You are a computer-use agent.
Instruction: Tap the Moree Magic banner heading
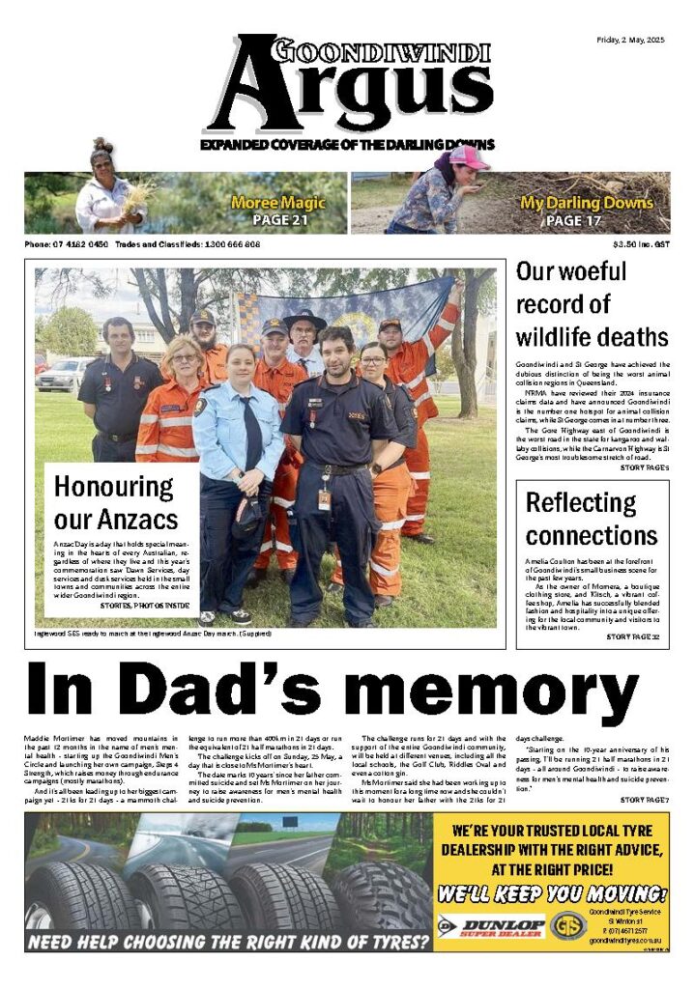277,204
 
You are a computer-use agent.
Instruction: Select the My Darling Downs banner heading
587,204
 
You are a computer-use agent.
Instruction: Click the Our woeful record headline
591,304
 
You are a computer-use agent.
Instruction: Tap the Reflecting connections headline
591,519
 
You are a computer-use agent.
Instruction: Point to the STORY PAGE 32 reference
632,637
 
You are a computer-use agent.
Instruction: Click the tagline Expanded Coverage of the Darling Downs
347,145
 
